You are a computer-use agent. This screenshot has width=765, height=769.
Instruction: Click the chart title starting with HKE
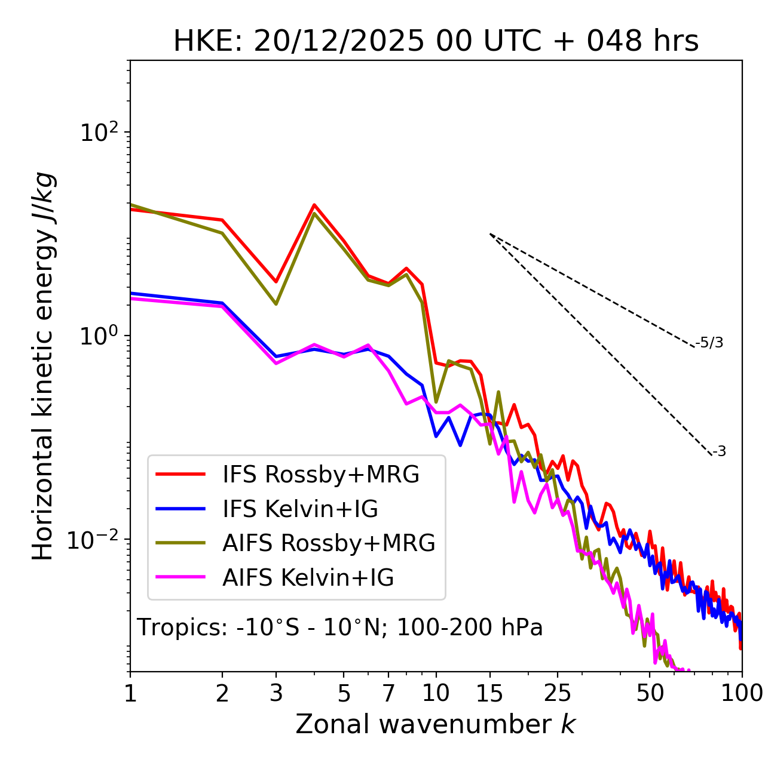click(436, 42)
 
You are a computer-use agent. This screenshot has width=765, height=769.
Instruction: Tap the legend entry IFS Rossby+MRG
click(321, 475)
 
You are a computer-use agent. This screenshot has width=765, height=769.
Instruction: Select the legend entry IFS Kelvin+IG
click(300, 509)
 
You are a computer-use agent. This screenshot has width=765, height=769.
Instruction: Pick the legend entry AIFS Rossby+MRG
click(329, 543)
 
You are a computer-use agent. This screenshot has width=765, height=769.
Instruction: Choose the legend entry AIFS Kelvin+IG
click(308, 578)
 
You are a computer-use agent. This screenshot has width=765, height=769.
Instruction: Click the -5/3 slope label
click(709, 343)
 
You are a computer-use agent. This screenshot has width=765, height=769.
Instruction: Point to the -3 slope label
click(720, 452)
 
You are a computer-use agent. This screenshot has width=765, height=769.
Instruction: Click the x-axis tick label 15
click(489, 693)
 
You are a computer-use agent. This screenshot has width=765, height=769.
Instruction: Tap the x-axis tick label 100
click(742, 693)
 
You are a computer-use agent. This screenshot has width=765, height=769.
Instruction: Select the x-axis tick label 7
click(388, 693)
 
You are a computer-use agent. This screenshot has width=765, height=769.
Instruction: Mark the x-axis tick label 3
click(276, 693)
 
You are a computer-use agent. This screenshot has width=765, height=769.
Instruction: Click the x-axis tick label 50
click(650, 693)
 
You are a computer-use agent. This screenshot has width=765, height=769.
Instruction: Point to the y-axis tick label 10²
click(98, 132)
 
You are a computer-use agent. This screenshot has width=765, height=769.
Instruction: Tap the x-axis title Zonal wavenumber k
click(436, 725)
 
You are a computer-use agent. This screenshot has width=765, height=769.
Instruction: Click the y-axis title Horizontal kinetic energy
click(43, 365)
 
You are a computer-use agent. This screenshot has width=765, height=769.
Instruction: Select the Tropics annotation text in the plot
click(340, 628)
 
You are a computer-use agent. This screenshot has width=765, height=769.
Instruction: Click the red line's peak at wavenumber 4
click(314, 205)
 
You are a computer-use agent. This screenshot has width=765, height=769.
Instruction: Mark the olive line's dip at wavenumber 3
click(276, 304)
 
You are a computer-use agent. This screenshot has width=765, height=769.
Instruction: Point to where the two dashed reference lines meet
click(490, 234)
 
